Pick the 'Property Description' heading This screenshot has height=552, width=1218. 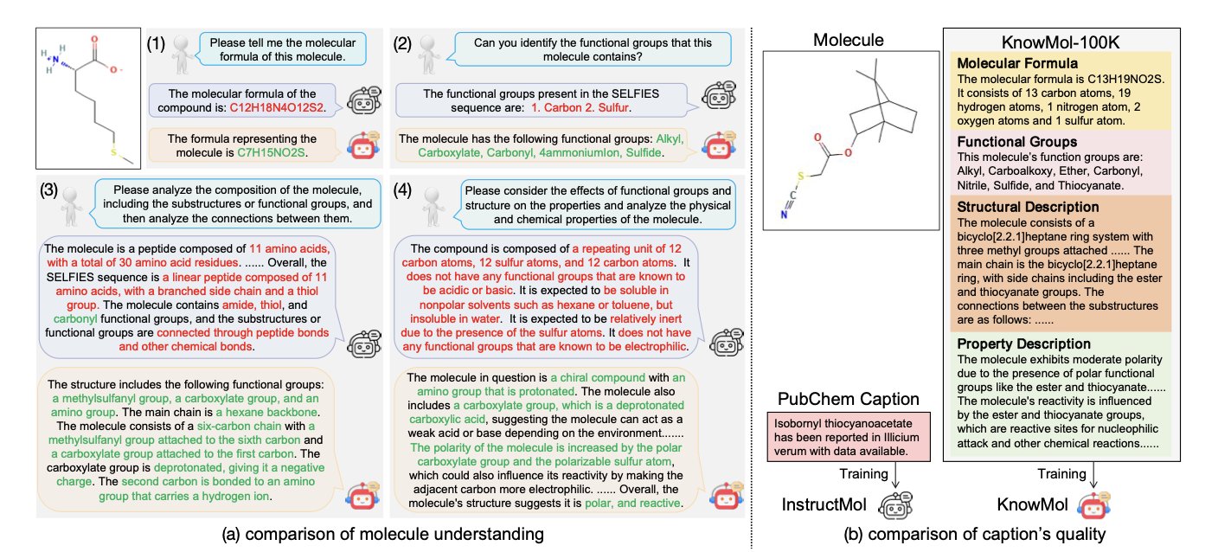[x=1022, y=343]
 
